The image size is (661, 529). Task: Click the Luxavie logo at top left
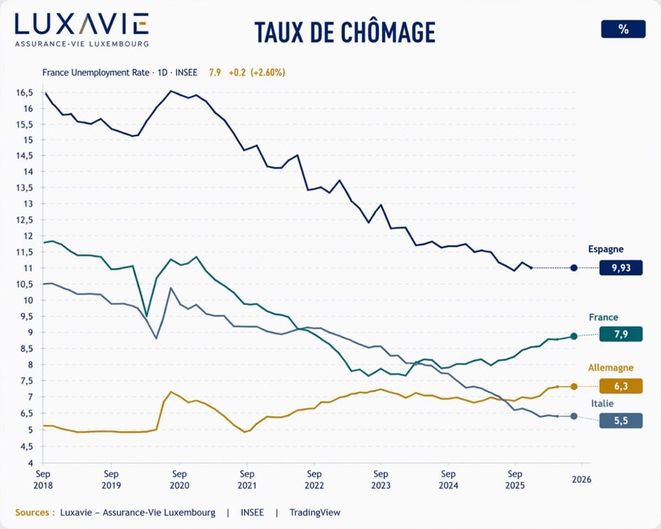point(81,28)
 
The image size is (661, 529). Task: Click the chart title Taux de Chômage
point(345,32)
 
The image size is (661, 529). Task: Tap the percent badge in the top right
point(623,29)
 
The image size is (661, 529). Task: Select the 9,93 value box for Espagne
point(620,267)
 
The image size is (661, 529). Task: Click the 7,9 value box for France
point(620,334)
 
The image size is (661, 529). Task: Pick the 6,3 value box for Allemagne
point(620,386)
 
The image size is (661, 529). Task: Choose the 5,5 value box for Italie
point(620,420)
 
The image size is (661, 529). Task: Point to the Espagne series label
point(606,249)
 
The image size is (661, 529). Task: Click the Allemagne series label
point(611,367)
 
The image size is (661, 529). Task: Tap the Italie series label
point(603,403)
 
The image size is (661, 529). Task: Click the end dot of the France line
point(574,336)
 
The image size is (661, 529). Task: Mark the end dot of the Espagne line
point(574,267)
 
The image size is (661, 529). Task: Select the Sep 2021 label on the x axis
point(246,479)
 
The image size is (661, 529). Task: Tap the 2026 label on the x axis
point(581,479)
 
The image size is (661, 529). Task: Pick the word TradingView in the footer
point(313,512)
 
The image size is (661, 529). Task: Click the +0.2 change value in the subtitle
point(239,72)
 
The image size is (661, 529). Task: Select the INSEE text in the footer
point(252,512)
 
